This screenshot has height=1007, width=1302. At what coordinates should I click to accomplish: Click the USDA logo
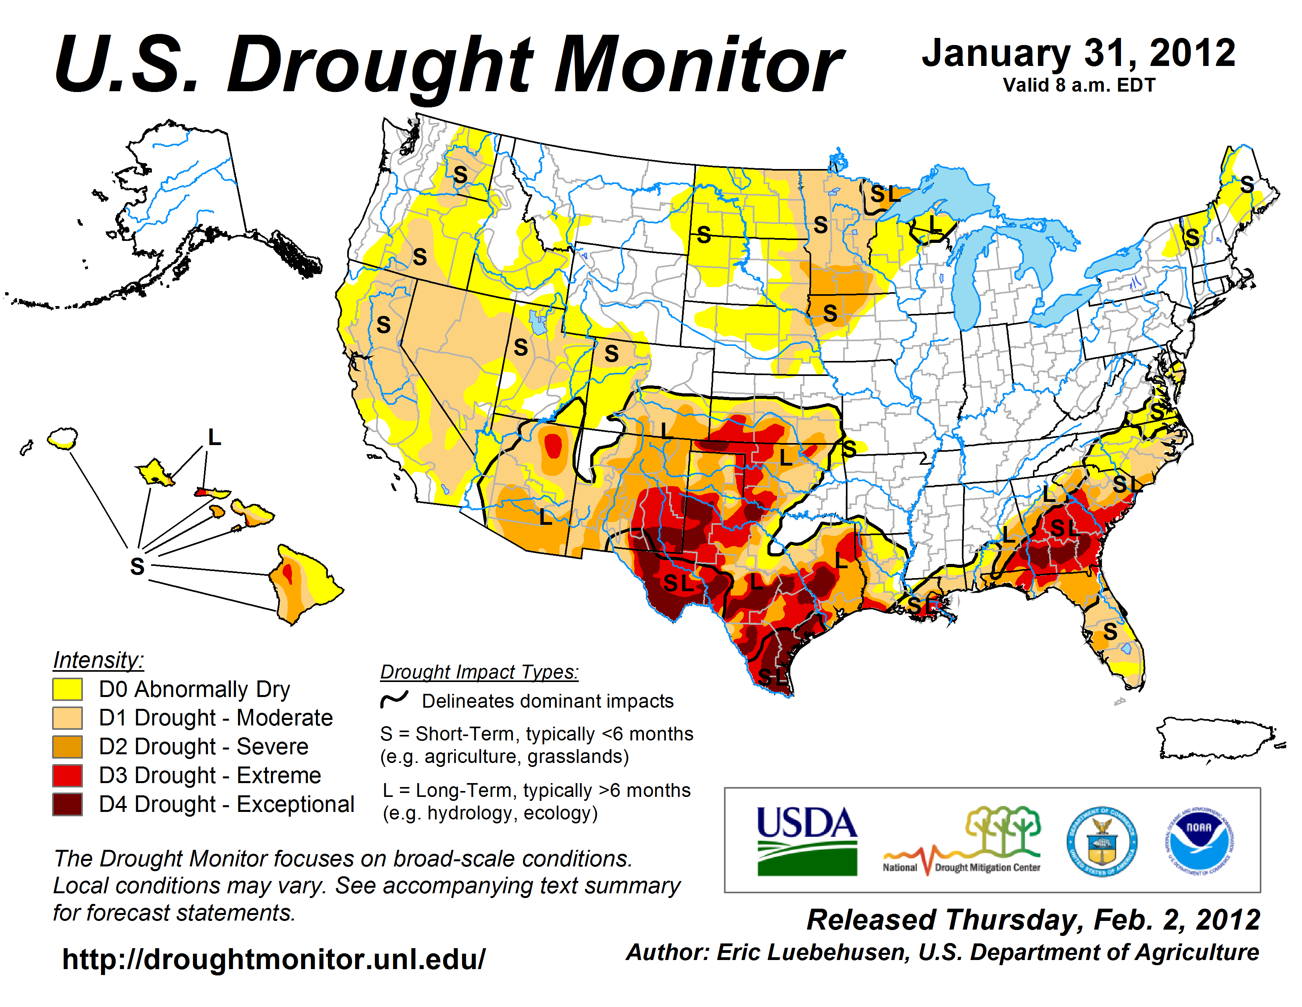(806, 840)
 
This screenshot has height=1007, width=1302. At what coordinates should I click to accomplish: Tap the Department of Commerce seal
(1102, 841)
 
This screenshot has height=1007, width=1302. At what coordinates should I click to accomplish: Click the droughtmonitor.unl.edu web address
(274, 959)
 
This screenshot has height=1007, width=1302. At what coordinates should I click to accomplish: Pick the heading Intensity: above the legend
(98, 660)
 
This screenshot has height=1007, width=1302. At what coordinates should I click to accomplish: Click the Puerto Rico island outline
(1216, 738)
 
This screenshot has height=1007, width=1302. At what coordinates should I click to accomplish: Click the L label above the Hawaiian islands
(215, 437)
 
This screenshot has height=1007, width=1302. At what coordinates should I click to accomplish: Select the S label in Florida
(1109, 631)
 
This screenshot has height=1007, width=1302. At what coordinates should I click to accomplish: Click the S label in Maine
(1246, 184)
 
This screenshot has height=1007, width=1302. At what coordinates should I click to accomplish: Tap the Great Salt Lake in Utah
(538, 322)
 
